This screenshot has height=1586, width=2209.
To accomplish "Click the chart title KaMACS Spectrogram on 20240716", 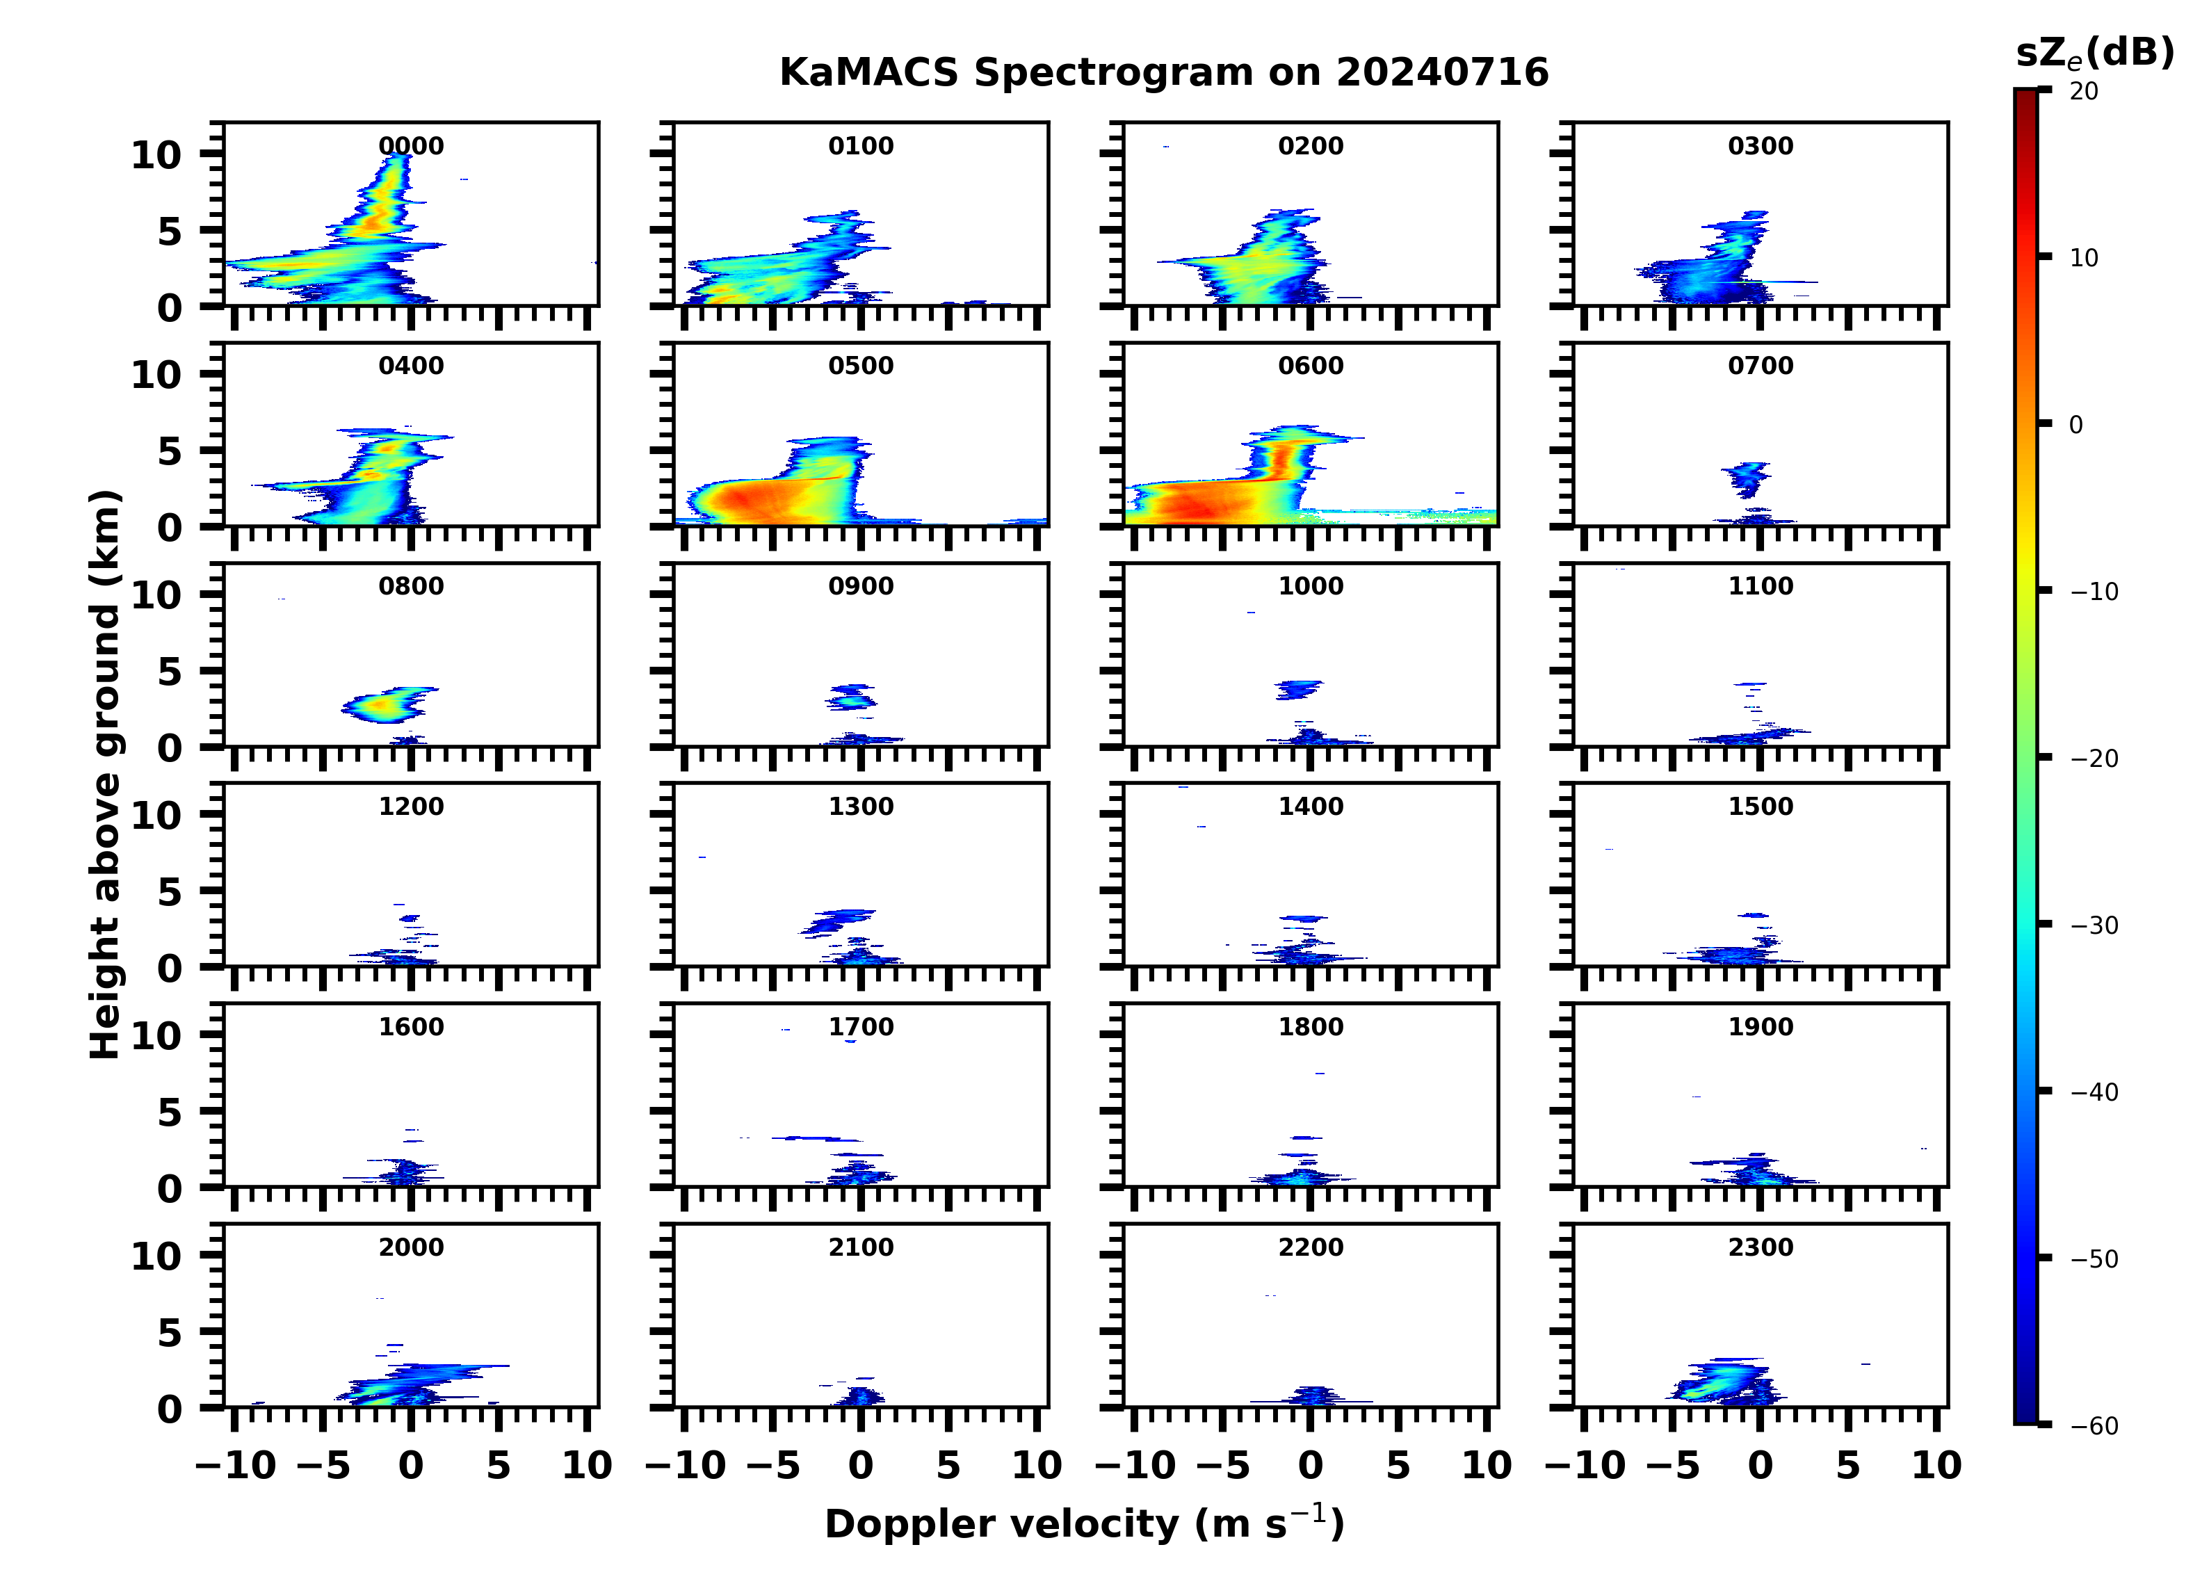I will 1164,73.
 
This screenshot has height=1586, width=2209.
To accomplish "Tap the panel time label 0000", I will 411,146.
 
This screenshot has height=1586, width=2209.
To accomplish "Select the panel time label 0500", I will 861,366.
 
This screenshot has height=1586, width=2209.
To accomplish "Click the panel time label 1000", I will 1310,586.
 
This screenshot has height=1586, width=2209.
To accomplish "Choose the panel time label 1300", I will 861,807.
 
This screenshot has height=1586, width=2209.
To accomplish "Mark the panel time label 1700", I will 861,1027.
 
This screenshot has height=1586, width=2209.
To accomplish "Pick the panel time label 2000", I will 411,1247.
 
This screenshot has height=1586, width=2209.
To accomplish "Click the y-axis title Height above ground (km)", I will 105,775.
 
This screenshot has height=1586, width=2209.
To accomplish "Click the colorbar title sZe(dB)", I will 2094,54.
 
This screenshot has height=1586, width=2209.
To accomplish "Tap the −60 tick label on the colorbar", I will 2093,1426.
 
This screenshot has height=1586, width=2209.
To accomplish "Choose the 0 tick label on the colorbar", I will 2076,425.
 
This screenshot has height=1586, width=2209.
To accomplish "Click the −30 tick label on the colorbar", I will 2093,925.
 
